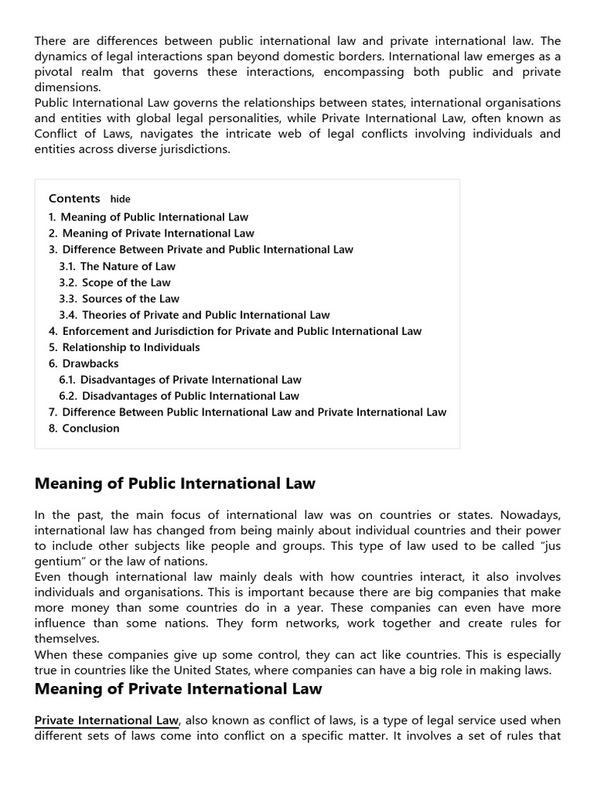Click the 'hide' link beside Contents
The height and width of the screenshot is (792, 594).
tap(120, 200)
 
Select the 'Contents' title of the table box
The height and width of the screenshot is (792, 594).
tap(74, 199)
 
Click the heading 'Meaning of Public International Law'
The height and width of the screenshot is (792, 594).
tap(175, 484)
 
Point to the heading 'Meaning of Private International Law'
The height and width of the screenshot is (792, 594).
tap(178, 688)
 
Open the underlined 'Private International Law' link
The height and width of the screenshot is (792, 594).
tap(107, 720)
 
